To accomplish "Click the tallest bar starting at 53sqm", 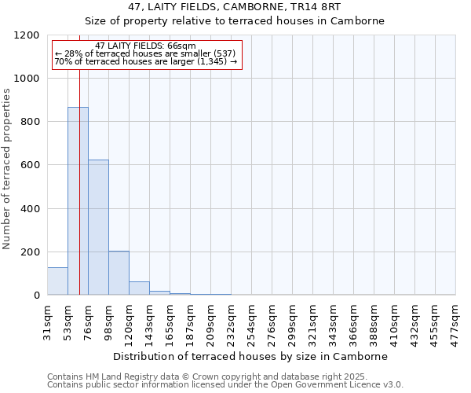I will coord(78,201).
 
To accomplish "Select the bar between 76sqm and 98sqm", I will coord(98,227).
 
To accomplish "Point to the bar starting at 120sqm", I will coord(139,288).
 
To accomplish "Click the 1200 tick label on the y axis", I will coord(26,35).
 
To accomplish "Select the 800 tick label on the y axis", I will coord(29,122).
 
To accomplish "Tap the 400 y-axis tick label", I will coord(29,209).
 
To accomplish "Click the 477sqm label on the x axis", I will coord(455,321).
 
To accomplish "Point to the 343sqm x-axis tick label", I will coord(333,321).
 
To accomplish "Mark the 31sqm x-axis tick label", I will coord(47,321).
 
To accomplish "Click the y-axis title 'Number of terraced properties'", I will coord(7,169).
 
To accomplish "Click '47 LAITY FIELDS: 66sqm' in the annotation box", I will coord(145,46).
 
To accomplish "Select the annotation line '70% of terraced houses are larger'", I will coord(145,61).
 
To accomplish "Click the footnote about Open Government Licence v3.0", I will coord(225,385).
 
